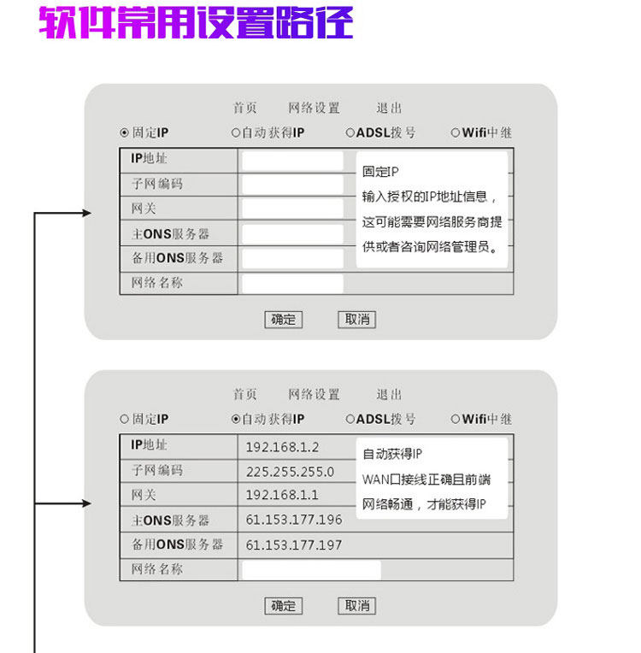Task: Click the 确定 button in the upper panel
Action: pos(283,320)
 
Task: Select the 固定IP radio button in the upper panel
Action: pos(125,133)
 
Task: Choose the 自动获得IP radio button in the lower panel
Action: pos(237,420)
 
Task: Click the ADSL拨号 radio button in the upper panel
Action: pos(350,133)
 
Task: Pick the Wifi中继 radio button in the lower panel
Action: pos(456,420)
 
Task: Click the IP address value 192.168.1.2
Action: pos(282,447)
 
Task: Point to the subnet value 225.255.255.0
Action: pos(290,472)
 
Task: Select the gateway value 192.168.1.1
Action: pos(282,496)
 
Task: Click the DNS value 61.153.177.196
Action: pos(294,520)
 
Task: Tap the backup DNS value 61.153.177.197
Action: pos(294,545)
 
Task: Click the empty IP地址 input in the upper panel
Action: pos(291,161)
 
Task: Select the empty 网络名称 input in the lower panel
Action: pos(311,570)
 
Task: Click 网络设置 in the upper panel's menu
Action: pos(314,109)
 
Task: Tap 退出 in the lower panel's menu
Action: pos(389,395)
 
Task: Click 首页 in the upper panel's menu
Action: pos(244,109)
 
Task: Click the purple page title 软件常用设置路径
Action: pos(196,24)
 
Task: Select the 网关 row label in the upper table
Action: pos(144,209)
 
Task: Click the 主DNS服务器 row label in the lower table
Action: pos(170,521)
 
